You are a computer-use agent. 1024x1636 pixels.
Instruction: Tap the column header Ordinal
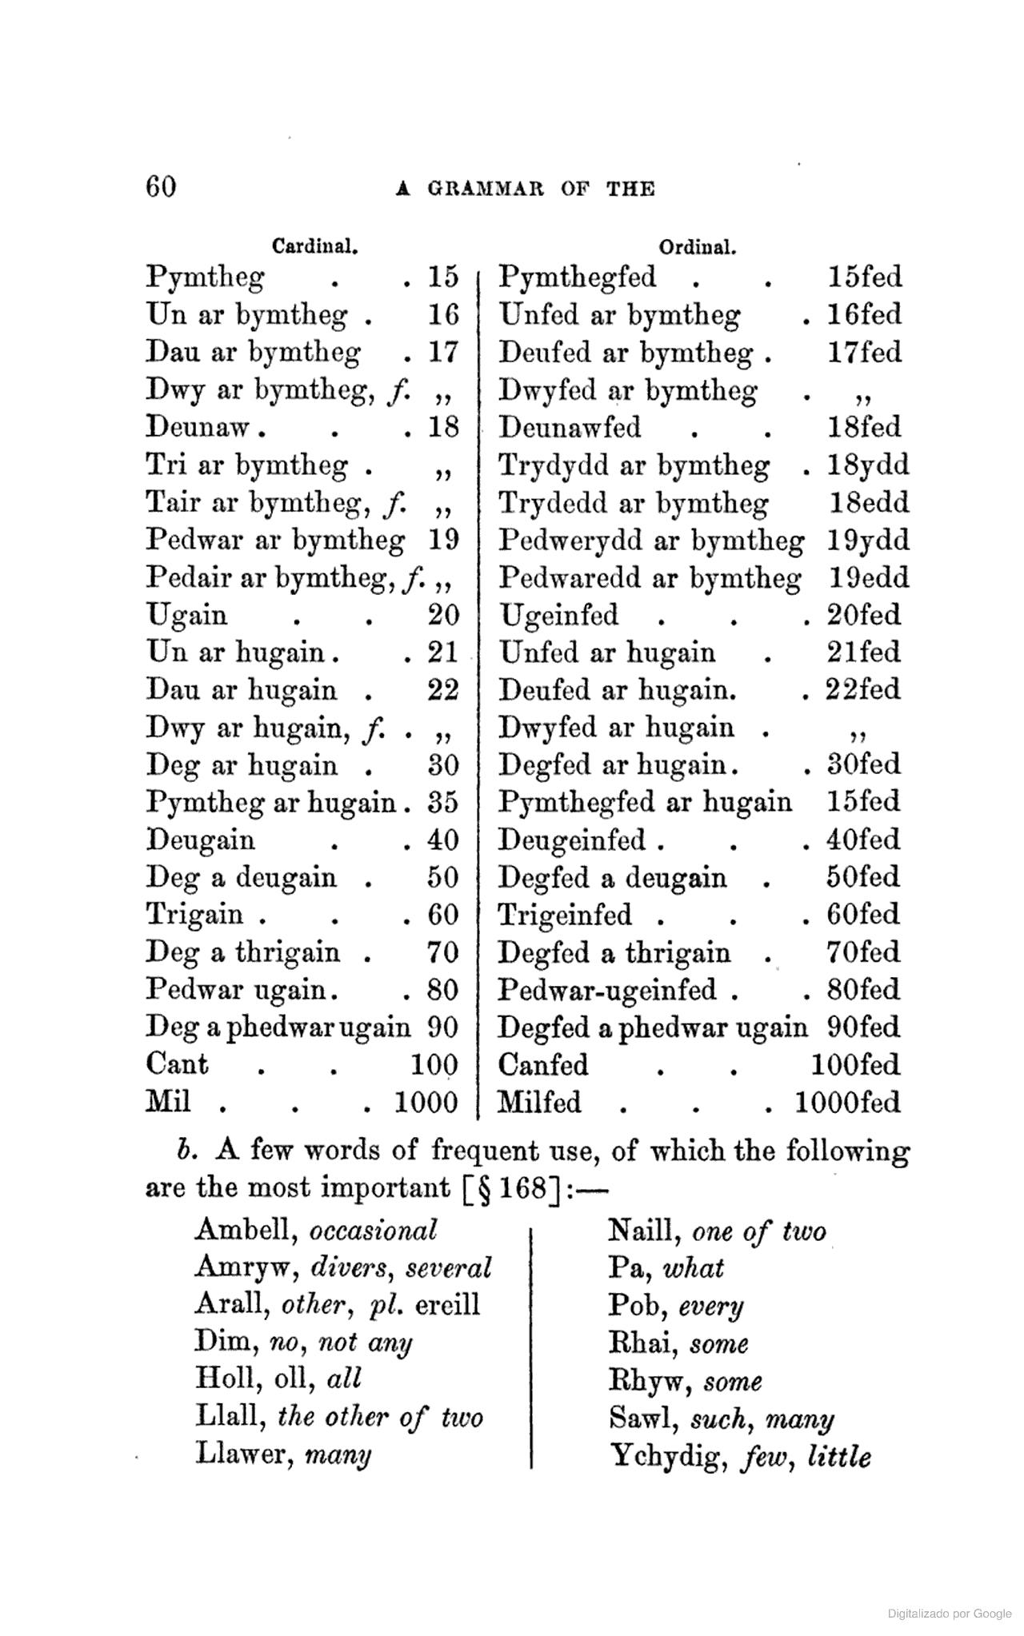[x=698, y=246]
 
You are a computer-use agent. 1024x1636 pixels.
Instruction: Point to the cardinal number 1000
[x=426, y=1103]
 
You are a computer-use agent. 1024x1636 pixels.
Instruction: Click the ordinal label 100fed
[x=855, y=1065]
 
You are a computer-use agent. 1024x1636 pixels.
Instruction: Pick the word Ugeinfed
[x=558, y=615]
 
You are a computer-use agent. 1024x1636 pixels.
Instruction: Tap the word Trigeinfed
[x=565, y=915]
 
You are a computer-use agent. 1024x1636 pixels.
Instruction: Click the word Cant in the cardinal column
[x=177, y=1065]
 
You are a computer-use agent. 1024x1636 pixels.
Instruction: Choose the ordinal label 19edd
[x=868, y=578]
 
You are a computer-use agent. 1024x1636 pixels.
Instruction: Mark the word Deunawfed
[x=570, y=427]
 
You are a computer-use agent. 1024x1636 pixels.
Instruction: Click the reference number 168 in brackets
[x=520, y=1188]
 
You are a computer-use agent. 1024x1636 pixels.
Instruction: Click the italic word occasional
[x=373, y=1230]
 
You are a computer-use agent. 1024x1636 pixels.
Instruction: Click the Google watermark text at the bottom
[x=950, y=1614]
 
